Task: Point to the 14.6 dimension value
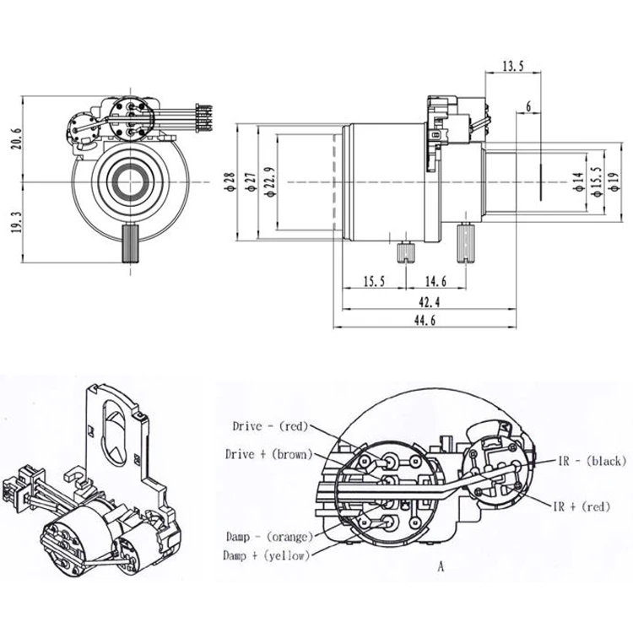click(436, 281)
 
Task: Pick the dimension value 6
click(528, 106)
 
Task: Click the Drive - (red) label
click(269, 425)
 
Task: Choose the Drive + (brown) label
click(269, 454)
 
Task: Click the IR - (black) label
click(590, 461)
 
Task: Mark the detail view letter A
click(440, 567)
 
